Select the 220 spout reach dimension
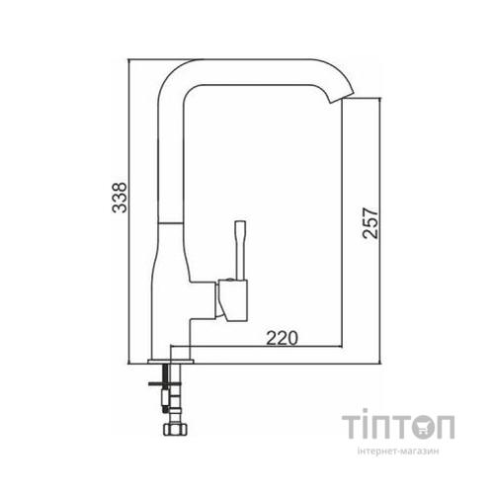[282, 338]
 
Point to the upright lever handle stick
[237, 248]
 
